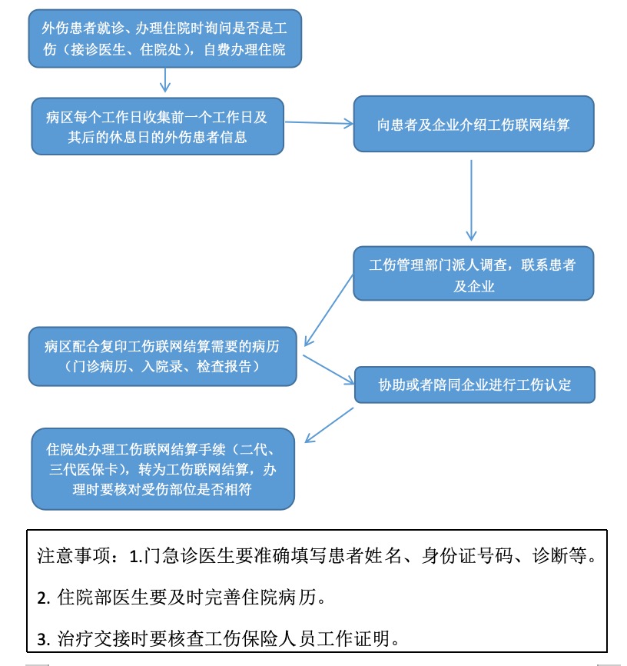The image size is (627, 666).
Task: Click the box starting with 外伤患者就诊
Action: pyautogui.click(x=165, y=38)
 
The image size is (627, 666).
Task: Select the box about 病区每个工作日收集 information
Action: pyautogui.click(x=158, y=126)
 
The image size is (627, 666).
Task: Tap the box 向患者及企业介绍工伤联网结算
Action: pyautogui.click(x=474, y=124)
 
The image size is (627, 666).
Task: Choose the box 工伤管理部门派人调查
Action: pyautogui.click(x=474, y=273)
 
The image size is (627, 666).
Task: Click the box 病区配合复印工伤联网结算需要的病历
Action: pyautogui.click(x=163, y=356)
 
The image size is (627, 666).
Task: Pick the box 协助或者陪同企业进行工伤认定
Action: pyautogui.click(x=475, y=385)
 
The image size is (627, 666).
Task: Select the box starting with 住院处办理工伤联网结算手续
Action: pyautogui.click(x=163, y=469)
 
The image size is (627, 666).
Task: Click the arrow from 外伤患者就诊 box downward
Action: pyautogui.click(x=165, y=80)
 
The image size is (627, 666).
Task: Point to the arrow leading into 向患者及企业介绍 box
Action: pyautogui.click(x=319, y=123)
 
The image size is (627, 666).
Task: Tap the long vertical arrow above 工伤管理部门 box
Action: pyautogui.click(x=471, y=200)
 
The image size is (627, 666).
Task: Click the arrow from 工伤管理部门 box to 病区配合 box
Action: pyautogui.click(x=329, y=310)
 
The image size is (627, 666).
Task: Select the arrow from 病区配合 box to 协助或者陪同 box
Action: pyautogui.click(x=329, y=370)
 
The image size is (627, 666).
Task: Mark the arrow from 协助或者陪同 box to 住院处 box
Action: pyautogui.click(x=330, y=425)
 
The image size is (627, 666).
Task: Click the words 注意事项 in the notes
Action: pyautogui.click(x=74, y=555)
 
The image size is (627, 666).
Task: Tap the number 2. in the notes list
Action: pyautogui.click(x=44, y=598)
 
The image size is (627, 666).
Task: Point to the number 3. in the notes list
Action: pyautogui.click(x=44, y=640)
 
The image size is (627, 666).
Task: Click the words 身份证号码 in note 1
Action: pyautogui.click(x=467, y=555)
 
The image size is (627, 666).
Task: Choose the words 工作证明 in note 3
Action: pyautogui.click(x=353, y=638)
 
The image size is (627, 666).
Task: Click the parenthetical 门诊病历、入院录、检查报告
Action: pyautogui.click(x=163, y=366)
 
